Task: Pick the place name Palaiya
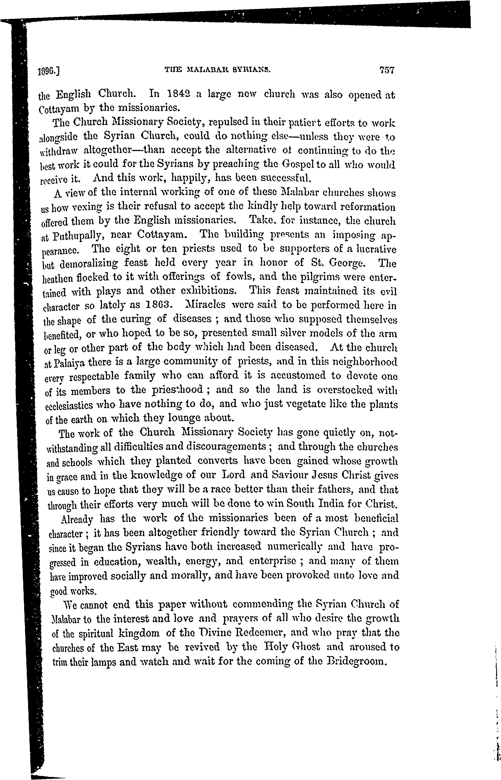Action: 69,363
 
